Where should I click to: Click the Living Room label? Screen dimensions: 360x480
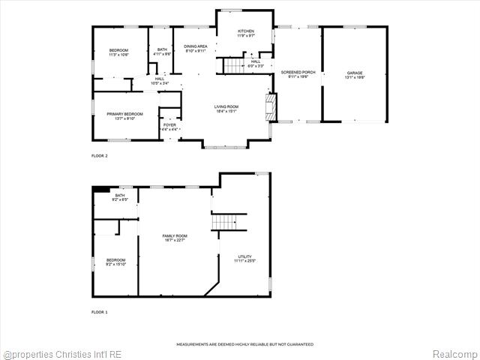[226, 109]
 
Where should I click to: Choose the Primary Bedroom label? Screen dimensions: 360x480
[124, 115]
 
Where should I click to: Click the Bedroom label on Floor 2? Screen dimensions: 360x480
[118, 52]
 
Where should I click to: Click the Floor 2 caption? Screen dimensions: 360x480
[100, 155]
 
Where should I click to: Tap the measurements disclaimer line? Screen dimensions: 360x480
[244, 344]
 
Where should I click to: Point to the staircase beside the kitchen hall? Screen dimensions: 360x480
[235, 66]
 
